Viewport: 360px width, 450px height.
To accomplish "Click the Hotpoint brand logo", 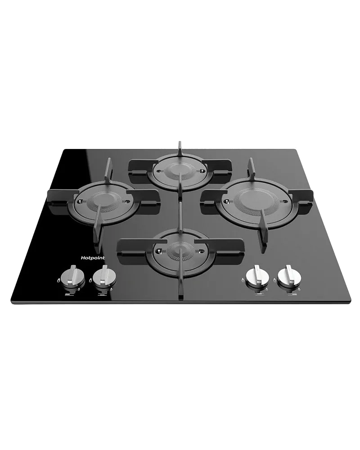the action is click(x=92, y=258).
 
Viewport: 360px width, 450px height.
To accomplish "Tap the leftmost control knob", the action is click(x=74, y=277).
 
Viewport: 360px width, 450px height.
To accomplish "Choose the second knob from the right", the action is click(x=257, y=276).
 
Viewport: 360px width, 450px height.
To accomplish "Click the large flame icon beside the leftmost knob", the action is click(x=58, y=280).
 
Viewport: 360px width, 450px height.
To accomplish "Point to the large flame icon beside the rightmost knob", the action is click(x=275, y=280).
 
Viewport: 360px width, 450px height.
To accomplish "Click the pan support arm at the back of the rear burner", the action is click(x=180, y=149).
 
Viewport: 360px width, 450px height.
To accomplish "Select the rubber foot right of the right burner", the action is click(x=312, y=204).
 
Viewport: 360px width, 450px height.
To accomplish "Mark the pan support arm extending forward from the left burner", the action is click(x=97, y=229).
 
